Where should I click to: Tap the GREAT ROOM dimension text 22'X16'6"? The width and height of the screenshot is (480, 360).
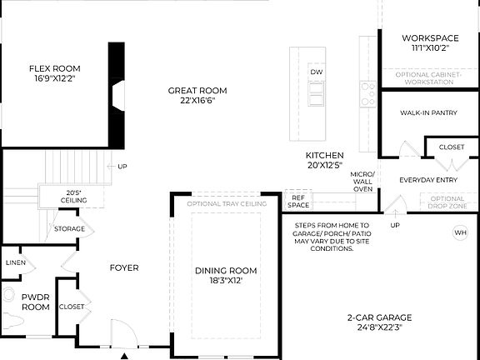click(197, 101)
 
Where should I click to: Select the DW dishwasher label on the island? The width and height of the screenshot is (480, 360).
click(316, 72)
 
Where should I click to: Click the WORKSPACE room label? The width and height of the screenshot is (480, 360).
click(430, 38)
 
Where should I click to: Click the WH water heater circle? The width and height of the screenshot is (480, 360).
click(460, 232)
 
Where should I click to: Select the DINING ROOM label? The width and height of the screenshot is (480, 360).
click(226, 271)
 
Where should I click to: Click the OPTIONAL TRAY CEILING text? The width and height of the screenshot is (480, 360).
click(227, 203)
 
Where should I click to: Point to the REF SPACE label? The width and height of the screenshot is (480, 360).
click(298, 202)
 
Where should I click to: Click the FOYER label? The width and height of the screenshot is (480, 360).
click(124, 267)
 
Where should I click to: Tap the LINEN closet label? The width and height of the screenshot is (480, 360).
click(16, 262)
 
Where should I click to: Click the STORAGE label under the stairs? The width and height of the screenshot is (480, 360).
click(69, 228)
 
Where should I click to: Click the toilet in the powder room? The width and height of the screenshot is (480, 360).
click(11, 308)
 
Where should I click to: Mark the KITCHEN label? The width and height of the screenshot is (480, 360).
click(324, 155)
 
